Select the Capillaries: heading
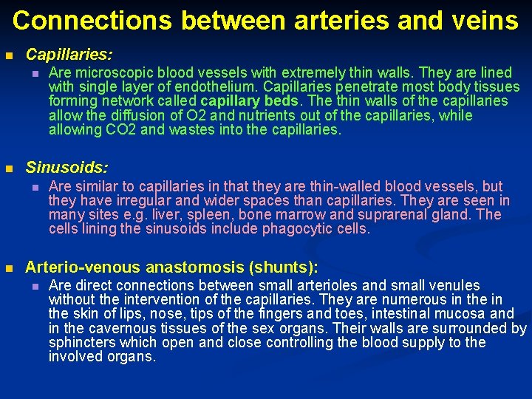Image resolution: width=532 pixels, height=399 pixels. point(69,55)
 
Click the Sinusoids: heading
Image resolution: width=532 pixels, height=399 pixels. point(66,168)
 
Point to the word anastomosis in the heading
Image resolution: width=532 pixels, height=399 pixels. point(191,267)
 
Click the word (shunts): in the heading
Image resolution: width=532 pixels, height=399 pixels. point(281,267)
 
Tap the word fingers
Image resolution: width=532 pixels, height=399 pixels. point(275,314)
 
